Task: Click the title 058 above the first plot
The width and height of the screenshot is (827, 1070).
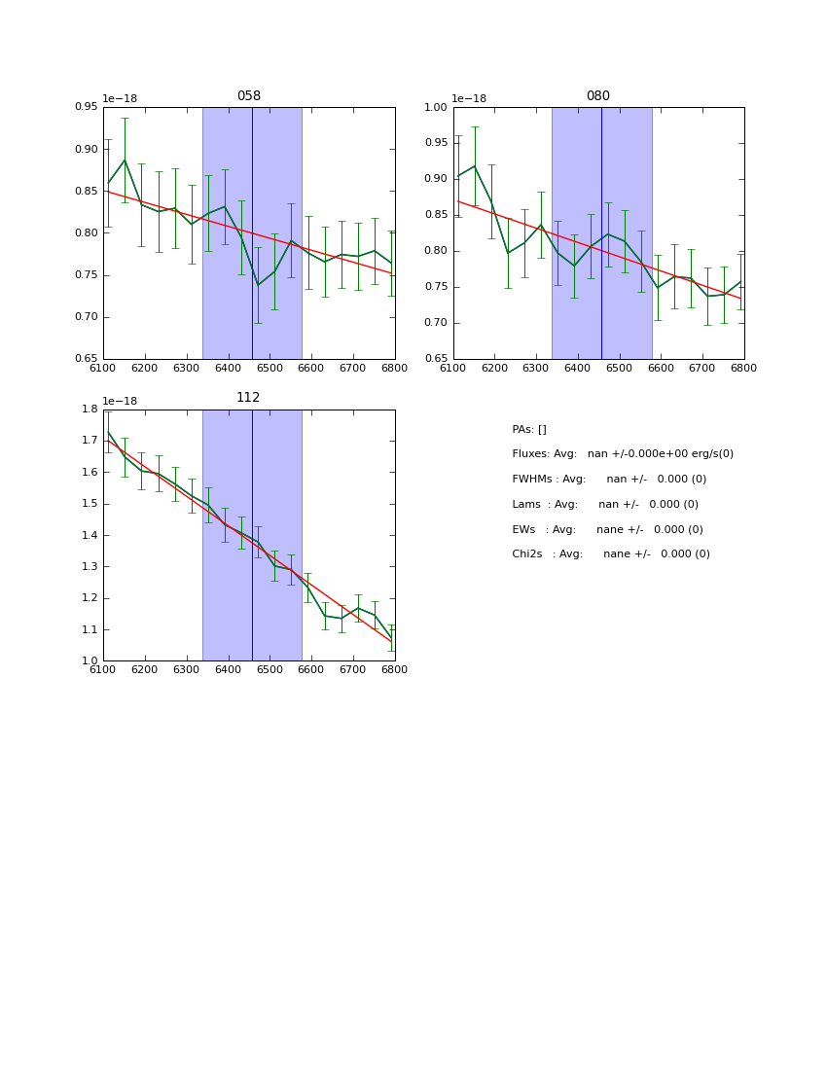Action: [x=249, y=96]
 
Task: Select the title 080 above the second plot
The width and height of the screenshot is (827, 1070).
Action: [x=598, y=96]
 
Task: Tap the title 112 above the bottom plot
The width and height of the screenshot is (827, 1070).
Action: [x=249, y=398]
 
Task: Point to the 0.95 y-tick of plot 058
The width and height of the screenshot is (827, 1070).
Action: [x=88, y=108]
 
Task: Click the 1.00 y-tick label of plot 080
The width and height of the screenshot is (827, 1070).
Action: [x=436, y=108]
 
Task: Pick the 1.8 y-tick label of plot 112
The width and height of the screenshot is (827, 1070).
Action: [x=90, y=410]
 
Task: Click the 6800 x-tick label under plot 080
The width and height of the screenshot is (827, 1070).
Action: [x=744, y=368]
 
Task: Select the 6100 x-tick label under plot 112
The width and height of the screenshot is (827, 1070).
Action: [x=103, y=669]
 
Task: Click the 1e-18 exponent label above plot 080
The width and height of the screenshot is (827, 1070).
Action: [x=469, y=99]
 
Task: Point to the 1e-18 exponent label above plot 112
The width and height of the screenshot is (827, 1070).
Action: [x=120, y=401]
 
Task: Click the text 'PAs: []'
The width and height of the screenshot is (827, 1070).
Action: [x=529, y=430]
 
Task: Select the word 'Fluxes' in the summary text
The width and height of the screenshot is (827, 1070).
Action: [x=529, y=454]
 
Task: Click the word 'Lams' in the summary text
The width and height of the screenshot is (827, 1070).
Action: [x=526, y=505]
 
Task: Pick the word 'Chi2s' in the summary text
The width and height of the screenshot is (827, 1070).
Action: [x=529, y=554]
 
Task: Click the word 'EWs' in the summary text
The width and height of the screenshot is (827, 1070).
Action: [x=524, y=530]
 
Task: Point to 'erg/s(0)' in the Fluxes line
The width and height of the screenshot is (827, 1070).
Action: [x=711, y=454]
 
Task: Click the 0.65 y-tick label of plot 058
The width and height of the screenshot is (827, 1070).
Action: [x=88, y=359]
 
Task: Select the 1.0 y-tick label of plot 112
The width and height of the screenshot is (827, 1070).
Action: [x=90, y=661]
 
